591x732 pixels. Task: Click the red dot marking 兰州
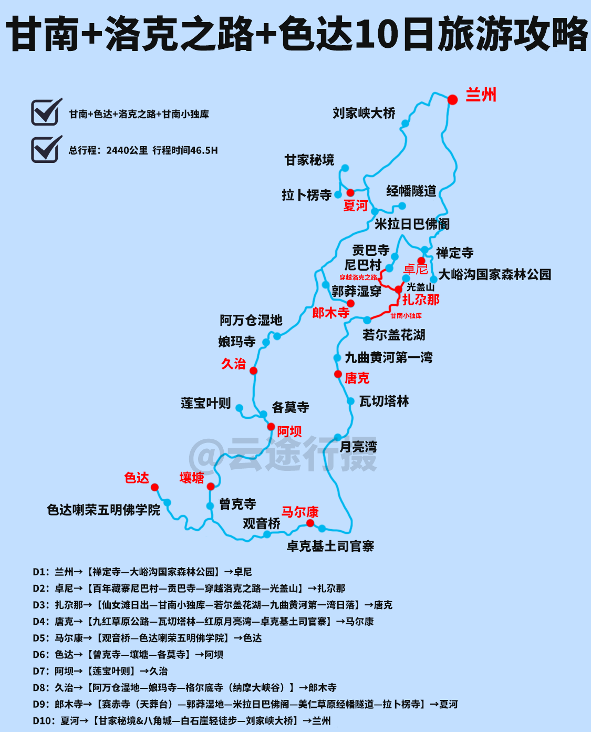click(452, 99)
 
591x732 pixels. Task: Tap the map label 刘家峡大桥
click(364, 113)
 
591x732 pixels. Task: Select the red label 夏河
click(355, 205)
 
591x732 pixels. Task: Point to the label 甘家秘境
click(309, 160)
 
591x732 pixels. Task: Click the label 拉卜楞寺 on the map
click(306, 195)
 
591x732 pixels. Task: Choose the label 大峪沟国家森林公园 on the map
click(494, 274)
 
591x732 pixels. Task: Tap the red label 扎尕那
click(420, 300)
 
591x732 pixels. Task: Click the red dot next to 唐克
click(338, 374)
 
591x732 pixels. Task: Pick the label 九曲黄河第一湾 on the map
click(389, 358)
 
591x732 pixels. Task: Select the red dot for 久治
click(253, 370)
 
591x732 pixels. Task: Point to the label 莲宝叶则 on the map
click(205, 403)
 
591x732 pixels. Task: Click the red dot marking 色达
click(154, 487)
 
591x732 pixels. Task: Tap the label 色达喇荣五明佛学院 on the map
click(103, 510)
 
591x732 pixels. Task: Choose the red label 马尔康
click(299, 512)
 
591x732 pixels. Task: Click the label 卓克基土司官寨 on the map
click(330, 547)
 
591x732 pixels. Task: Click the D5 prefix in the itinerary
click(41, 638)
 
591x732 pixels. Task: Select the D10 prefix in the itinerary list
click(44, 720)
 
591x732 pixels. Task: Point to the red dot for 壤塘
click(211, 487)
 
